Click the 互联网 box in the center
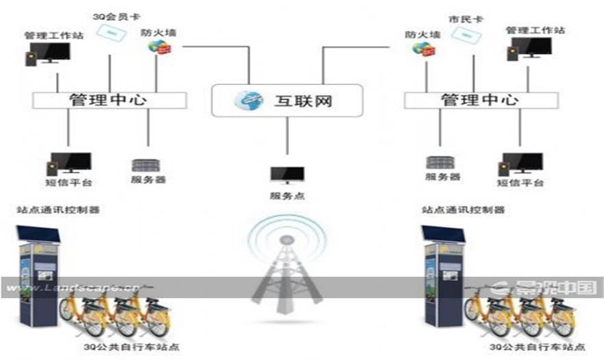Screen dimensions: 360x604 click(286, 101)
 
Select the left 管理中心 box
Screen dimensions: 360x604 click(110, 100)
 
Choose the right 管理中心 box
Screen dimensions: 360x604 click(479, 100)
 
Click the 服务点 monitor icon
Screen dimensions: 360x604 click(287, 175)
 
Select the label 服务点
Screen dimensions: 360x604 click(287, 196)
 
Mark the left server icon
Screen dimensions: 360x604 click(148, 165)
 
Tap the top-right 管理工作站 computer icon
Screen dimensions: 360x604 click(529, 49)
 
